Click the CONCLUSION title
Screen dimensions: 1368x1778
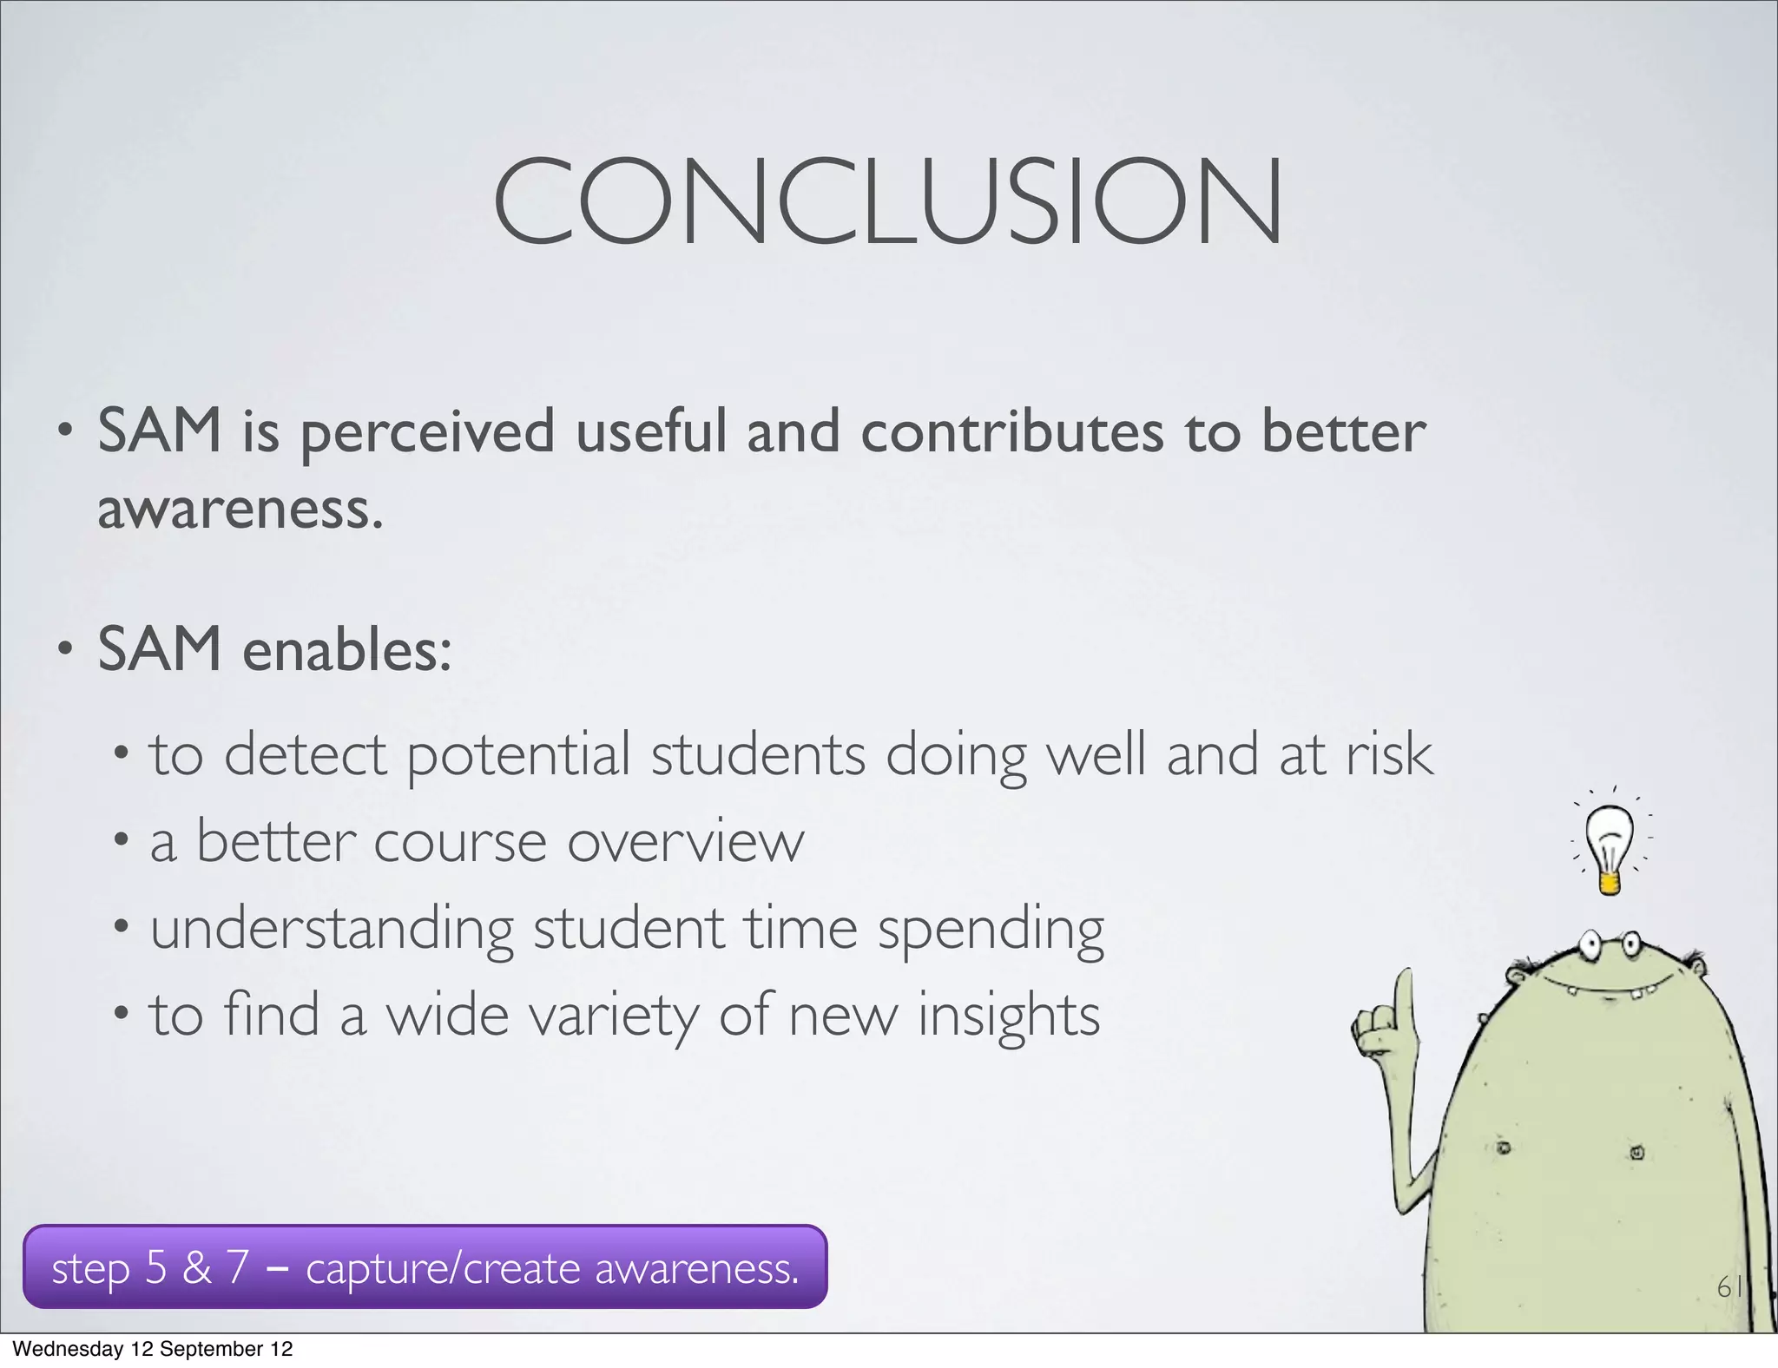[x=887, y=201]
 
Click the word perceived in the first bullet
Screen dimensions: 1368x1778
[x=427, y=433]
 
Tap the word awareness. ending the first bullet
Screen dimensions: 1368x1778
[x=240, y=510]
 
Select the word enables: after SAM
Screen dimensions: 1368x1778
[x=347, y=650]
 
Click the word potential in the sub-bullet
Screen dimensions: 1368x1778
[x=518, y=755]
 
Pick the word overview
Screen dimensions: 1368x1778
[x=686, y=842]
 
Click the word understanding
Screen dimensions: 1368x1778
[x=333, y=930]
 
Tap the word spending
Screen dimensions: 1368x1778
[x=991, y=930]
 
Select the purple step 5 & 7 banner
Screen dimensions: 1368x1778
[x=425, y=1267]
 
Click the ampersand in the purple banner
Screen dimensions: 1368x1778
[x=197, y=1268]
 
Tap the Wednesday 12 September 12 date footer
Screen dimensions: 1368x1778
[x=153, y=1349]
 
